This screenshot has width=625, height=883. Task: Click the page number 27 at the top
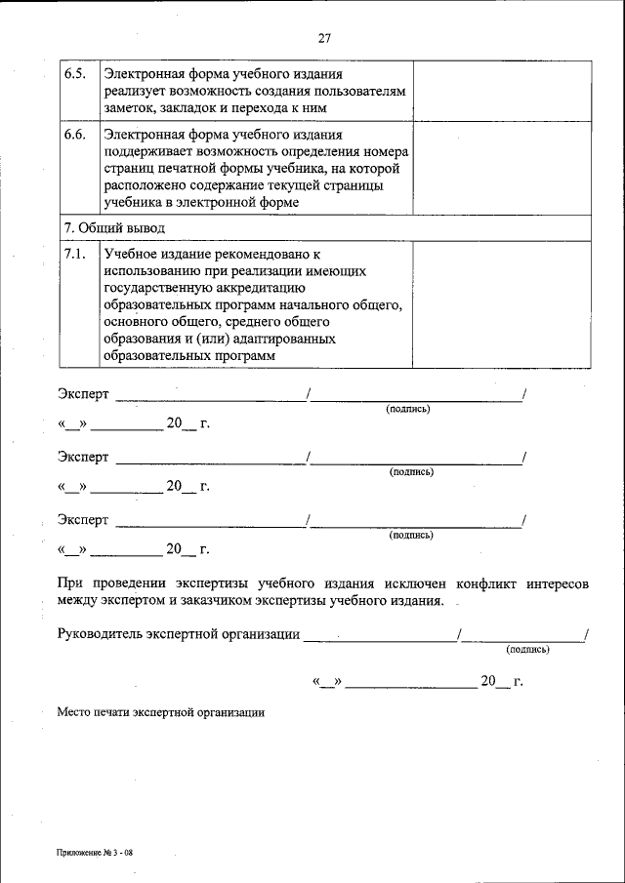324,38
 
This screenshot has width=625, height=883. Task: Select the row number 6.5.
75,74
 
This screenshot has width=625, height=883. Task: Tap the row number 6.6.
75,134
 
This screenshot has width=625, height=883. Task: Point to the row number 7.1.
75,254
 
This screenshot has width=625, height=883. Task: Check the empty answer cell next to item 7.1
502,304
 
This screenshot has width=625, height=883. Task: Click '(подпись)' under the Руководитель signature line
527,649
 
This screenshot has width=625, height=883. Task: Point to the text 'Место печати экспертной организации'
160,712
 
